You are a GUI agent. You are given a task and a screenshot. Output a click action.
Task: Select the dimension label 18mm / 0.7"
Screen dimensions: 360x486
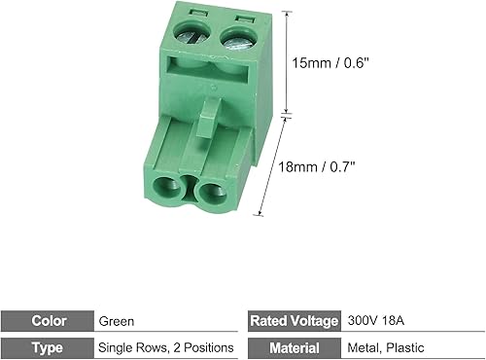317,165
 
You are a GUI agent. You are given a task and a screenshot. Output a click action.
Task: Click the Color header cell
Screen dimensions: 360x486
49,320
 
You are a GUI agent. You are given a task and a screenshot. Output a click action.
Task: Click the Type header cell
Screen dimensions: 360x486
49,347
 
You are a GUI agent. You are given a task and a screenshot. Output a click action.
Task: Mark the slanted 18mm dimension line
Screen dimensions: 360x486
273,165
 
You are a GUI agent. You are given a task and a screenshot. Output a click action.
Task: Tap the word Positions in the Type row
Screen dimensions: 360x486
207,347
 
